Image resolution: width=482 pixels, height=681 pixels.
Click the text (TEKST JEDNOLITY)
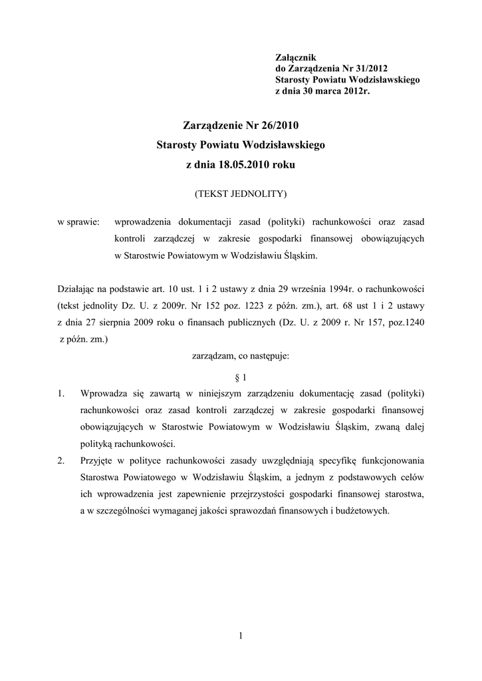click(x=240, y=194)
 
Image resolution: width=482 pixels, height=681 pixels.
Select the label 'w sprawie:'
click(x=78, y=221)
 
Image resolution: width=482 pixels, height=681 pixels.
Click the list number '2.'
click(x=61, y=460)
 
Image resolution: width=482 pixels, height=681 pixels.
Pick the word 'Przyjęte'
click(x=97, y=460)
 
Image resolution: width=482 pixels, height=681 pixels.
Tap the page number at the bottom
click(x=241, y=636)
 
